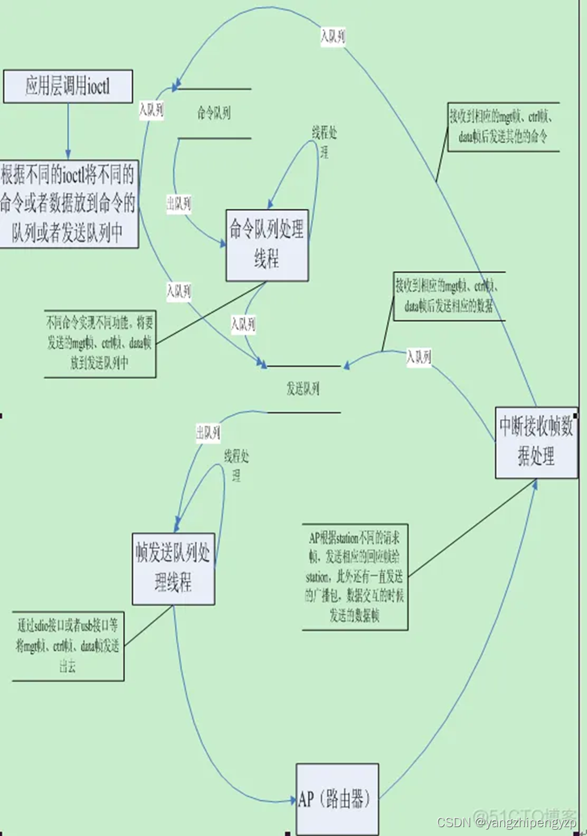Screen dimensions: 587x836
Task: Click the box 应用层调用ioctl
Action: point(68,86)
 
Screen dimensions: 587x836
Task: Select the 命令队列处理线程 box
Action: point(267,245)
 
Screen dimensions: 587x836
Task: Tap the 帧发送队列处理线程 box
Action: point(174,568)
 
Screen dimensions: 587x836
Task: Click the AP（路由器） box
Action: point(337,799)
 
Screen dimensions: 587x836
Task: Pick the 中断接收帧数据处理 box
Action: point(536,443)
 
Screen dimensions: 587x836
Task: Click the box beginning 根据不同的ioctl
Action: point(69,203)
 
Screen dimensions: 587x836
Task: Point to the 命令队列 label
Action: point(213,113)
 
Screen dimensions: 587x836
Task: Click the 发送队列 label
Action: point(303,389)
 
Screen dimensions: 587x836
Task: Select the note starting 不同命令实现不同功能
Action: point(100,344)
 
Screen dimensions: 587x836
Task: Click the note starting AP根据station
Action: point(355,577)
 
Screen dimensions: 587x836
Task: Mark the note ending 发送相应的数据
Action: point(448,297)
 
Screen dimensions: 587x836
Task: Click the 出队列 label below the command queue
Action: point(179,204)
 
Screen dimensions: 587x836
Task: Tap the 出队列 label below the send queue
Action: point(208,432)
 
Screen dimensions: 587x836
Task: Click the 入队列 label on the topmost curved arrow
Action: point(333,37)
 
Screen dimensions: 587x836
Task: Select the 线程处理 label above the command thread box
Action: point(324,141)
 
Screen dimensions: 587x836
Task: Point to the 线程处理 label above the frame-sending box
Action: point(236,465)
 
